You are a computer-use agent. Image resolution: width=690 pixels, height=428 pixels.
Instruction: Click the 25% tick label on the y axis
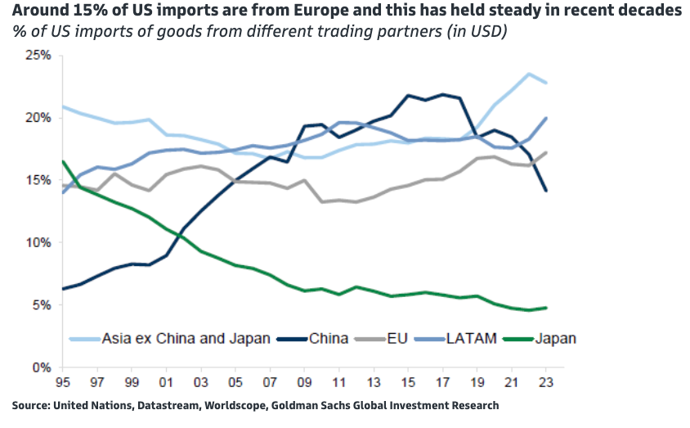click(37, 56)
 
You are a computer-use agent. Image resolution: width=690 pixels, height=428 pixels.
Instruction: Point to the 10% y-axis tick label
click(37, 243)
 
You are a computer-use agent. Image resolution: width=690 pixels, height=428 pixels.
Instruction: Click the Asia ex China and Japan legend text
click(186, 338)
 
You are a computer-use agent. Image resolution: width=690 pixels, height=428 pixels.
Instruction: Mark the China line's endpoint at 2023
click(547, 191)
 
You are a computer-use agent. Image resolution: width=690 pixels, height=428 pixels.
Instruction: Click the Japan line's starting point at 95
click(63, 161)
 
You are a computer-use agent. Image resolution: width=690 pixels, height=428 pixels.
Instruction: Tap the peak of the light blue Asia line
click(529, 74)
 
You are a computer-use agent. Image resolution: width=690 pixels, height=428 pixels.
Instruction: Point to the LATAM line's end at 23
click(547, 118)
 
